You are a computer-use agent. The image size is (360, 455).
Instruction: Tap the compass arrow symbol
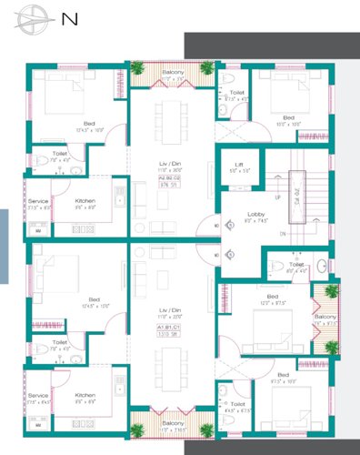[x=35, y=16]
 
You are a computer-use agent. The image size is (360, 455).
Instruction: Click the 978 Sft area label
[x=165, y=184]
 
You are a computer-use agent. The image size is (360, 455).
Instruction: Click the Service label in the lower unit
[x=37, y=395]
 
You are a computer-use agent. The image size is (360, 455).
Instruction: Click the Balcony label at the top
[x=173, y=72]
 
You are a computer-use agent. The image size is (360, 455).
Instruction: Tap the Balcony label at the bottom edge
[x=173, y=424]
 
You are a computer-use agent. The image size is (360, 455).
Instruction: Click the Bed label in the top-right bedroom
[x=288, y=117]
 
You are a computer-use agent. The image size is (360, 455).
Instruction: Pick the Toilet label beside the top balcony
[x=236, y=93]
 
